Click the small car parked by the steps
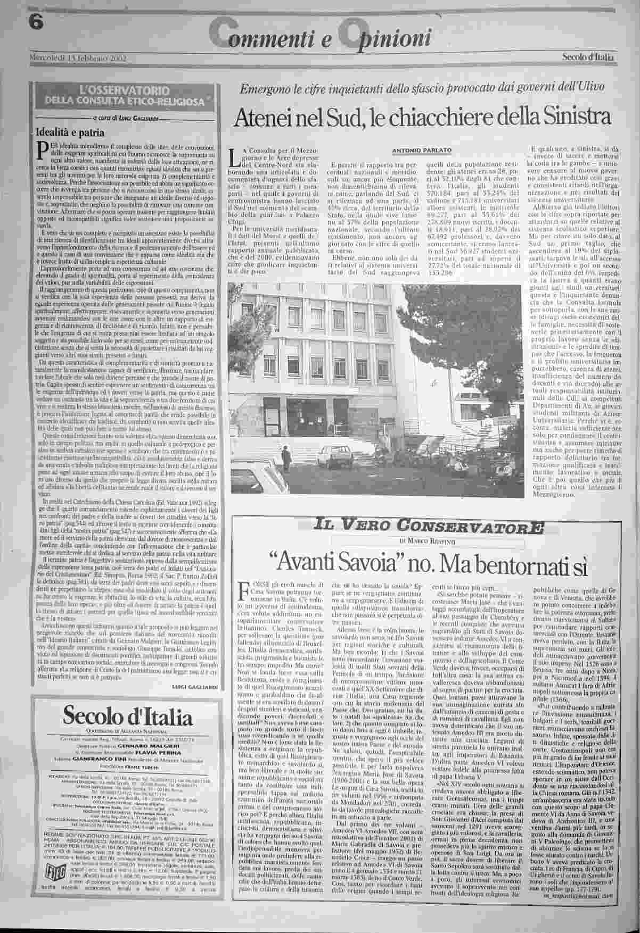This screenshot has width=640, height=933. pos(339,453)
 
